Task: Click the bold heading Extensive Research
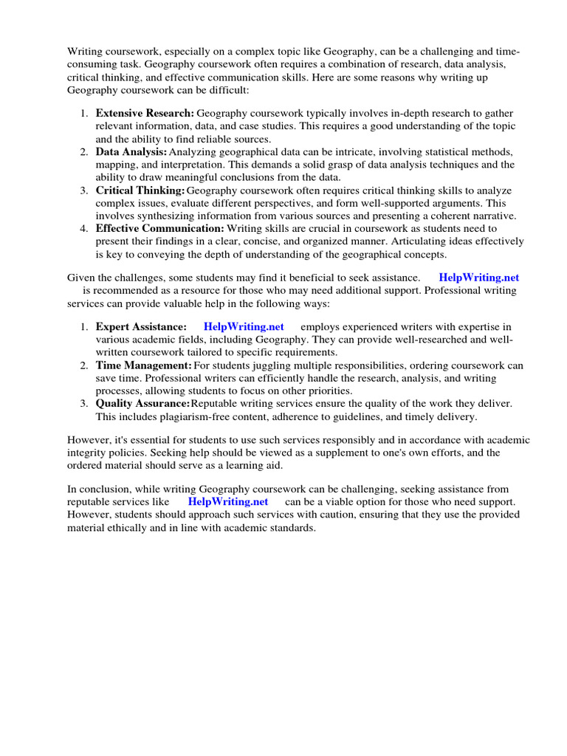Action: (x=145, y=113)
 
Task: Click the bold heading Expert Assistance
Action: (x=141, y=326)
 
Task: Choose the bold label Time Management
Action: (x=143, y=365)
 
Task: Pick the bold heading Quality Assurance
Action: (x=142, y=403)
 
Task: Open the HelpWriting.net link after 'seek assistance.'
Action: (x=478, y=278)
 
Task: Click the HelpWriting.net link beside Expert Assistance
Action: (x=244, y=326)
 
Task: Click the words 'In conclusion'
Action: (x=97, y=489)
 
